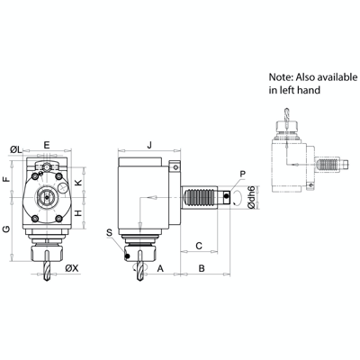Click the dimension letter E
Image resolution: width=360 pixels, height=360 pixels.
pyautogui.click(x=46, y=143)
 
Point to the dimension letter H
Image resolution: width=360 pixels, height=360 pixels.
pyautogui.click(x=78, y=212)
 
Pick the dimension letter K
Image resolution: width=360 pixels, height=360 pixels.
pyautogui.click(x=78, y=183)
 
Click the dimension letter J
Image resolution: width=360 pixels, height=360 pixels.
pyautogui.click(x=149, y=143)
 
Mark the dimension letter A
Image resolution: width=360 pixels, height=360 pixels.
pyautogui.click(x=160, y=268)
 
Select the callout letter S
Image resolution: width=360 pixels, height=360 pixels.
pyautogui.click(x=110, y=232)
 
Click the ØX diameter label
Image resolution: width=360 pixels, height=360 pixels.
pyautogui.click(x=72, y=268)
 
